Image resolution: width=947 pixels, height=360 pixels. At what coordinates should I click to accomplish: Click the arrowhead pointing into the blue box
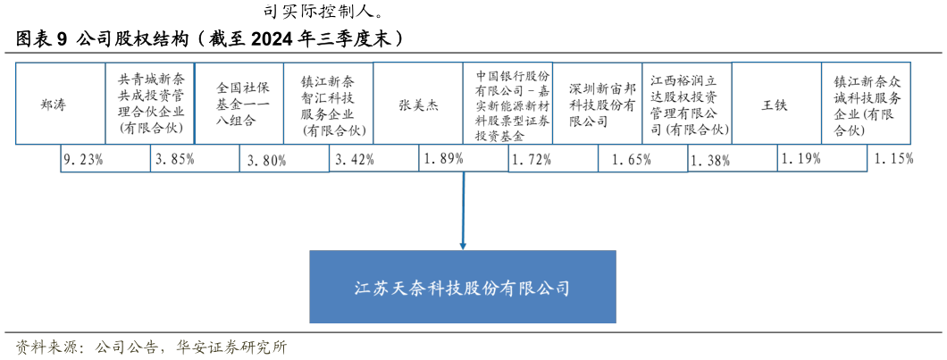(x=463, y=245)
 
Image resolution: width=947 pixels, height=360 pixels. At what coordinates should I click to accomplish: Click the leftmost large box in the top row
(x=61, y=103)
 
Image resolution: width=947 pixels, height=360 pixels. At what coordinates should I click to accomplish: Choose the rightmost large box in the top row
(x=866, y=103)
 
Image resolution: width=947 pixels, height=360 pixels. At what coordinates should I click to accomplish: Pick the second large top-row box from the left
(x=150, y=103)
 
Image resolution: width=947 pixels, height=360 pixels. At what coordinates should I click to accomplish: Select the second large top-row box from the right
(x=776, y=103)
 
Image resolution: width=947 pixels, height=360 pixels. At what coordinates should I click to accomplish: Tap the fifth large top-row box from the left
(x=418, y=103)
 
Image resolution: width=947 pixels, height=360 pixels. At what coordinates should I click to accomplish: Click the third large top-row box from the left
(x=239, y=103)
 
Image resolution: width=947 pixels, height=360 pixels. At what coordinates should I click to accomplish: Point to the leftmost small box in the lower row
(x=105, y=158)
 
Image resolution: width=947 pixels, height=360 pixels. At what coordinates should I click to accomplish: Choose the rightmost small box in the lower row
(x=822, y=158)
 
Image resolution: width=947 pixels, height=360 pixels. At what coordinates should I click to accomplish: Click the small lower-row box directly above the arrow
(x=464, y=158)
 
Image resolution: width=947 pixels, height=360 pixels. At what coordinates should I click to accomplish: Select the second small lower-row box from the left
(x=195, y=158)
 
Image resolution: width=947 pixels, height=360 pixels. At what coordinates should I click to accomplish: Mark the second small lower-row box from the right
(x=733, y=158)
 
